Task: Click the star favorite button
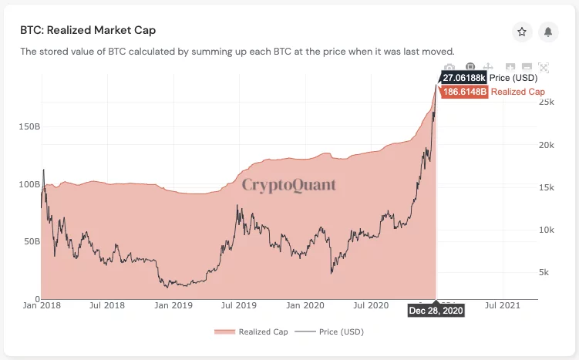[522, 32]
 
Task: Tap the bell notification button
[548, 32]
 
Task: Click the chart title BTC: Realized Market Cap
[88, 30]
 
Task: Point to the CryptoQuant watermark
[289, 184]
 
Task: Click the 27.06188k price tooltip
[464, 78]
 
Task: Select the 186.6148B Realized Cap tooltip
[465, 92]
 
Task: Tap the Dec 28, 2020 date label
[436, 310]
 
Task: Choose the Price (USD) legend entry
[331, 331]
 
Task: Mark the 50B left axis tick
[31, 241]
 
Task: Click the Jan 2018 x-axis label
[41, 306]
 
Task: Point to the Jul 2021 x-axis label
[503, 306]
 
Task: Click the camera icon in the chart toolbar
[449, 68]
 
